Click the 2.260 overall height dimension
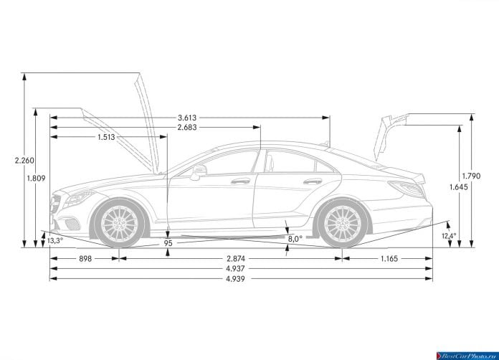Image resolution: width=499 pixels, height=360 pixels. [x=24, y=161]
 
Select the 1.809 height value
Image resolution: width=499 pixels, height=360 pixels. [x=36, y=179]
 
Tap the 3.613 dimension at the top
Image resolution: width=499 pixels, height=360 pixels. [x=187, y=118]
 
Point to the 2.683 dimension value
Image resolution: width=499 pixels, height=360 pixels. [x=187, y=128]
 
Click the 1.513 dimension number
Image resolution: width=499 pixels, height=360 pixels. [x=106, y=137]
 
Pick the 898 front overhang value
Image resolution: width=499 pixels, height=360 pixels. [x=85, y=259]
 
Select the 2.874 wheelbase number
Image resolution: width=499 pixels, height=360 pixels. [x=236, y=259]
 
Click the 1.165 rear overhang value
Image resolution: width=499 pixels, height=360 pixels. [x=389, y=259]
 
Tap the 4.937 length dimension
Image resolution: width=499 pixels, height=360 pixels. [x=235, y=269]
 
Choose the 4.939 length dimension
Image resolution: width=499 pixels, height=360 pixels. [x=235, y=279]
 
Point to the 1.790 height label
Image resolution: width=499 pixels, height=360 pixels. [x=471, y=176]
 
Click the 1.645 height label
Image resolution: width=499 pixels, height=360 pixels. [x=459, y=187]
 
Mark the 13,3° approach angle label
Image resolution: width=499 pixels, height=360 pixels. [x=55, y=241]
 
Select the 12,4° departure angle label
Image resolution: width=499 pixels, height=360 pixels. [x=449, y=236]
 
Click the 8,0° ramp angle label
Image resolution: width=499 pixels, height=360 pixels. [x=295, y=239]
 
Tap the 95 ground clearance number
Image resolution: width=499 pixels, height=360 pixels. [x=168, y=243]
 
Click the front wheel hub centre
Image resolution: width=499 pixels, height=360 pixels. [x=119, y=223]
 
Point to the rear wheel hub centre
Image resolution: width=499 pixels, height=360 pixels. [x=343, y=223]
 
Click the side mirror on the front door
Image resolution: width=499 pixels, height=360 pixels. [x=199, y=172]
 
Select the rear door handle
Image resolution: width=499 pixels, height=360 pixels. [x=313, y=181]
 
